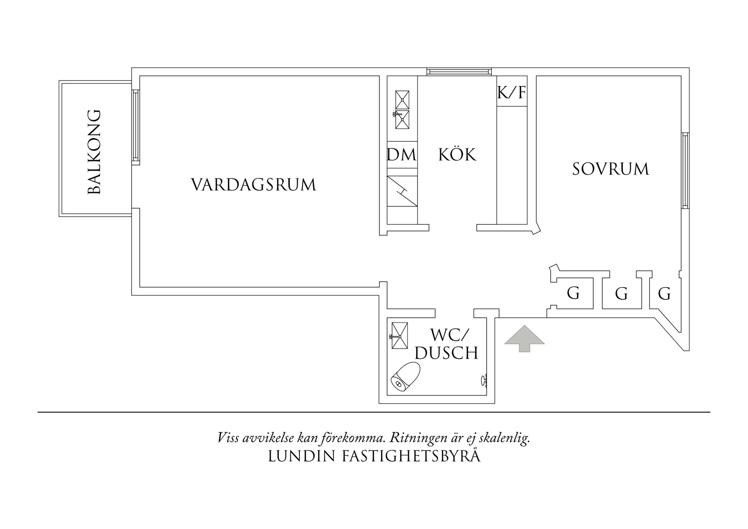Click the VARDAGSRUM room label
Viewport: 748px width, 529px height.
(253, 185)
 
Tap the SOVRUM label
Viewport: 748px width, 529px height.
(610, 169)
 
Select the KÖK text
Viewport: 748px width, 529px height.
(457, 154)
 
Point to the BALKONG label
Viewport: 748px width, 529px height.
(94, 152)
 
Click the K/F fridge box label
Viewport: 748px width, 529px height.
(512, 92)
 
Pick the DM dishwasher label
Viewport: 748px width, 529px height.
(402, 154)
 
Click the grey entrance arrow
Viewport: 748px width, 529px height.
(525, 338)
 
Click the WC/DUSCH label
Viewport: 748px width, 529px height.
(446, 344)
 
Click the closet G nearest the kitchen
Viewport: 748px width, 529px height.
(573, 294)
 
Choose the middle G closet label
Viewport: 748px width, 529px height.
(621, 294)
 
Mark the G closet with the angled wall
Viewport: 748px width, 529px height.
(664, 294)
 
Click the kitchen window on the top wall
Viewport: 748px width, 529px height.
(459, 72)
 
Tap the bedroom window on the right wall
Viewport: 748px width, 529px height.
(685, 170)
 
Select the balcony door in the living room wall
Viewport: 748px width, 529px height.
(136, 127)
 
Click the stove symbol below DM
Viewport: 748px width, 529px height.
(402, 191)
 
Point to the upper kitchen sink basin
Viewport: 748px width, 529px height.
(402, 99)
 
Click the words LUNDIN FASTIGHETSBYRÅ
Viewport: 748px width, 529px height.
(374, 456)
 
